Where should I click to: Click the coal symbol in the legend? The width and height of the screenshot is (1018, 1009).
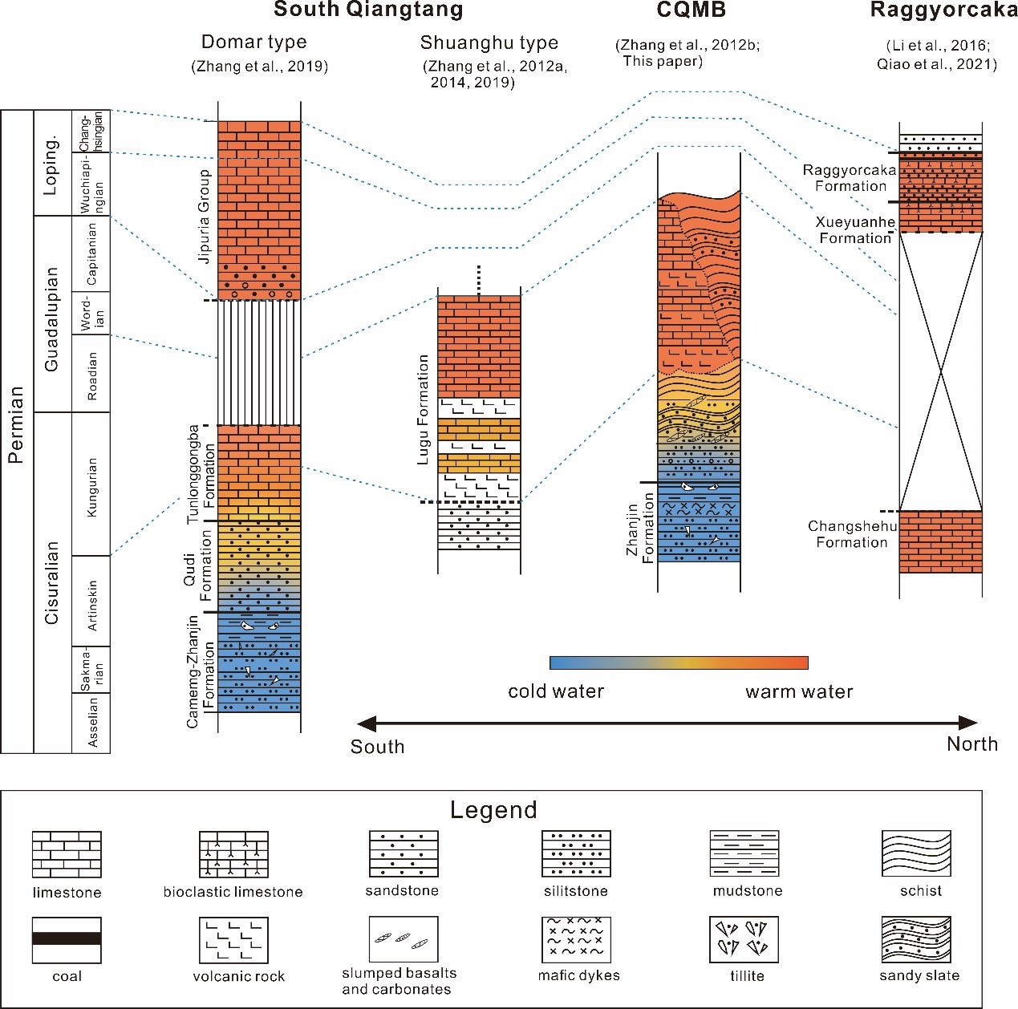[x=67, y=939]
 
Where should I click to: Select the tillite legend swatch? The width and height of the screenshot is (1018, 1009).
[x=744, y=939]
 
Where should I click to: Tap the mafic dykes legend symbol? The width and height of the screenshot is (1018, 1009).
[x=576, y=939]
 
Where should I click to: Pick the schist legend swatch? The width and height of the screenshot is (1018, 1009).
[x=916, y=854]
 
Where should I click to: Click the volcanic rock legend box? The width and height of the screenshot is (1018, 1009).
[x=233, y=939]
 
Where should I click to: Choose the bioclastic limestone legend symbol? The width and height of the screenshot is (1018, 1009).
[x=233, y=854]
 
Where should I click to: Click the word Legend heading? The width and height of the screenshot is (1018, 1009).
[x=493, y=810]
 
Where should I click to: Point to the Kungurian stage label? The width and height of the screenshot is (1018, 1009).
[x=91, y=487]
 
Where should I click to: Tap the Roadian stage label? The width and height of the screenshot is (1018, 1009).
[x=91, y=375]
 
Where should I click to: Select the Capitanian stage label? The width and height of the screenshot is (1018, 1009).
[x=91, y=253]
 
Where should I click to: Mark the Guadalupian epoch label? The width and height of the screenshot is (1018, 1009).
[x=52, y=319]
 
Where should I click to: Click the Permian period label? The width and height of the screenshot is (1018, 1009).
[x=16, y=425]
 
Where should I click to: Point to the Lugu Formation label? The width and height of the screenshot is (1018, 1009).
[x=423, y=410]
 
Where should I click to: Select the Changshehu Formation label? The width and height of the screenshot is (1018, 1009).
[x=851, y=534]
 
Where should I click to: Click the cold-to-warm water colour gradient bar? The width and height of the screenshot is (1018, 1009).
[x=679, y=663]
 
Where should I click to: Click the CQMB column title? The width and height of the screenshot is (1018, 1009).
[x=691, y=10]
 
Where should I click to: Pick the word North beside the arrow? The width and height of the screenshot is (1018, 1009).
[x=972, y=744]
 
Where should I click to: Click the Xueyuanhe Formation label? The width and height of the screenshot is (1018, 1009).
[x=855, y=230]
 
